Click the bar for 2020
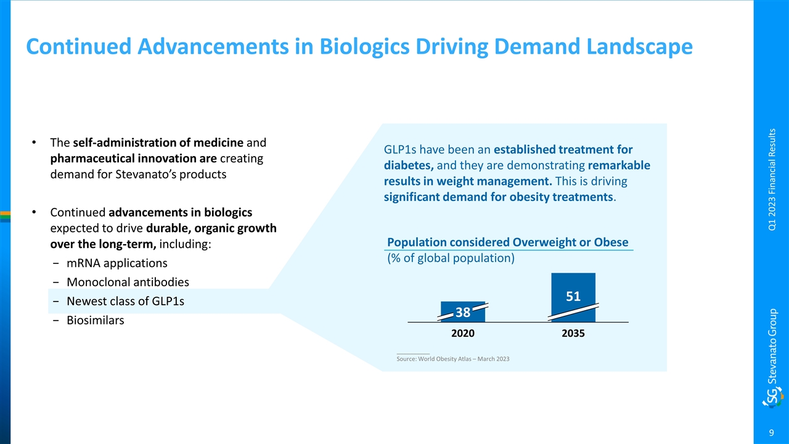463,311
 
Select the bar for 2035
573,297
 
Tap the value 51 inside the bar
573,297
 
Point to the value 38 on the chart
463,313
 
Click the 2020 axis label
463,333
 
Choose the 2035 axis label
573,333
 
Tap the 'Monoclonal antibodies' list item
128,282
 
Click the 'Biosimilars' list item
95,321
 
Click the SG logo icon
772,397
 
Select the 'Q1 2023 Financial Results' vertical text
772,179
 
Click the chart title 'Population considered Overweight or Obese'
507,242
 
